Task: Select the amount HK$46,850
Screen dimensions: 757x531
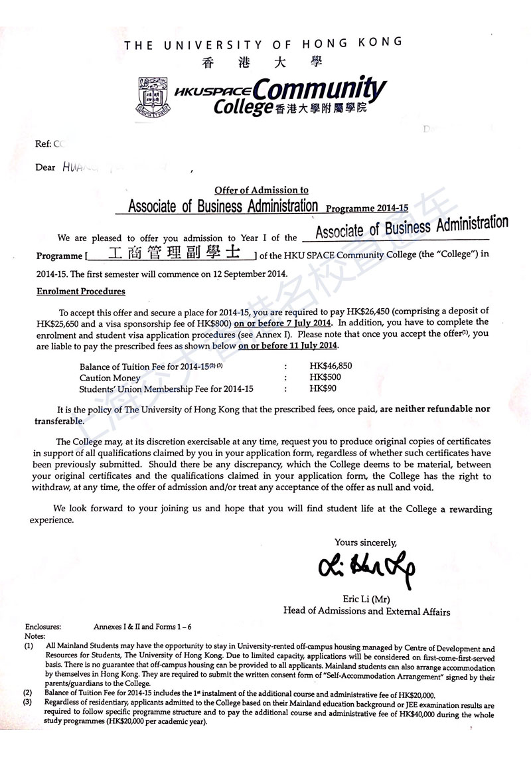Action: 331,366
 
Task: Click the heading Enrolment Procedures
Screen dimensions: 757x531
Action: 80,292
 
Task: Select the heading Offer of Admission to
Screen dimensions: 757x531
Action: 262,191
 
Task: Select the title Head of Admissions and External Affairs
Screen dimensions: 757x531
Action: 366,612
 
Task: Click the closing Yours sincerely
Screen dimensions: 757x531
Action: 366,543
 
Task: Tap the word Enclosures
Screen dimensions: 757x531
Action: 43,626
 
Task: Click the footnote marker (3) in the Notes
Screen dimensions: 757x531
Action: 28,703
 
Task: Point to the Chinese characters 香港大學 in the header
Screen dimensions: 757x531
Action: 262,62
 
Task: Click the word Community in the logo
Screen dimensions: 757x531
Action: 319,89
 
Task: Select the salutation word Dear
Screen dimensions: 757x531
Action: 45,167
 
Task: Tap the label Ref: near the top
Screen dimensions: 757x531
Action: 42,143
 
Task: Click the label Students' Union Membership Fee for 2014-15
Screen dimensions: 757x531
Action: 167,389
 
